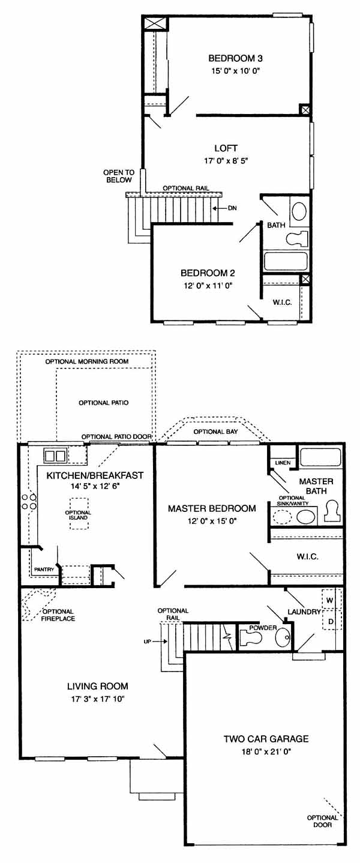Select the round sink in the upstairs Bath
pos(299,211)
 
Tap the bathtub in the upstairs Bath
pos(286,261)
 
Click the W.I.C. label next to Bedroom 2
pos(282,302)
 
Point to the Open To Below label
pos(119,176)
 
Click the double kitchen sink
pos(55,456)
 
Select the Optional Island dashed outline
pos(78,514)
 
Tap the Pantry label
pos(44,570)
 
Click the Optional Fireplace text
pos(59,615)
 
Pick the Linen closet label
pos(283,463)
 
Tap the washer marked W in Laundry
pos(331,600)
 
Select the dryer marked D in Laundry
pos(331,621)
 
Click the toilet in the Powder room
pos(250,639)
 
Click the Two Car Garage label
pos(266,739)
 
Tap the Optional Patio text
pos(104,403)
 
